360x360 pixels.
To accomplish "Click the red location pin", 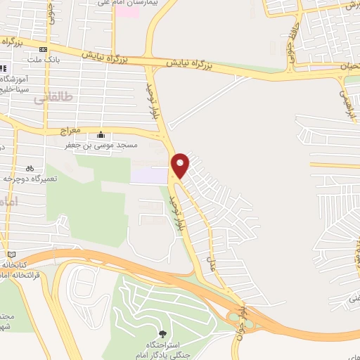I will pos(181,164).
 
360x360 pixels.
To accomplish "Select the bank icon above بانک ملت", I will pos(44,49).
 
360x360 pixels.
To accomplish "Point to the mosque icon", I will pos(102,135).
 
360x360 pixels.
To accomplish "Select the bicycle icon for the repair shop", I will pos(30,168).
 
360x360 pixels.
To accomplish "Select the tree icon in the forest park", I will pos(163,333).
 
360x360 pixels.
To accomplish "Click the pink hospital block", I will pos(127,13).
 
